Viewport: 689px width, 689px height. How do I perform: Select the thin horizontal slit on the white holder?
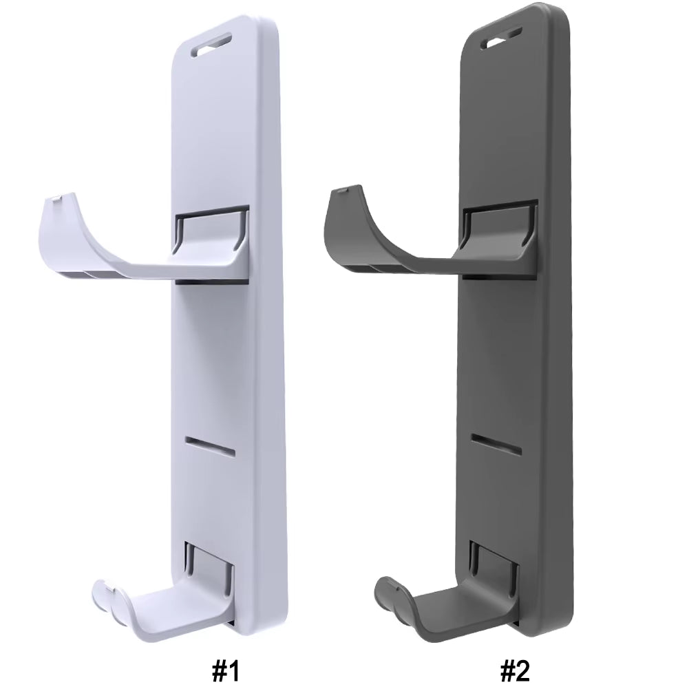210,444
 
